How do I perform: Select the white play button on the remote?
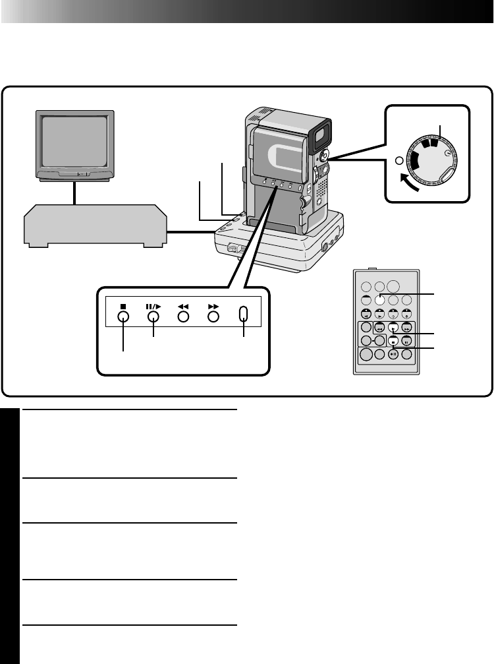pos(393,328)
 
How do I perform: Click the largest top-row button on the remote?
pos(394,286)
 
